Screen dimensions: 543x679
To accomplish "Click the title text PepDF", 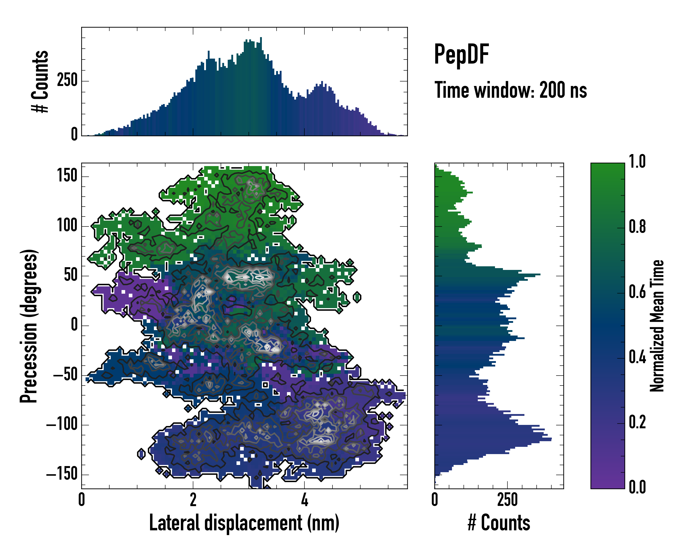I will tap(461, 55).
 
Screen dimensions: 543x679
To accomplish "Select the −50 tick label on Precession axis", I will tap(65, 375).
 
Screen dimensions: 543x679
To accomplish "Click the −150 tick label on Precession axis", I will tap(62, 474).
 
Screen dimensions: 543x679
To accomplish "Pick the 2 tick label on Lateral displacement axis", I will tap(193, 500).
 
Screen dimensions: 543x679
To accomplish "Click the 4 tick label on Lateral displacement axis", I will tap(304, 500).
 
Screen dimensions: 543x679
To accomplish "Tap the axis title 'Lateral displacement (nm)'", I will tap(244, 523).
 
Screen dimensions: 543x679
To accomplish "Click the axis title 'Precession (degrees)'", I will tap(29, 326).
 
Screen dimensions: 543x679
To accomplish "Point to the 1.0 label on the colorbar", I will tap(637, 162).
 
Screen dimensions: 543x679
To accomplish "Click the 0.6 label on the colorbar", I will tap(637, 292).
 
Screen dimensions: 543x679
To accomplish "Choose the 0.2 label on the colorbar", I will tap(637, 422).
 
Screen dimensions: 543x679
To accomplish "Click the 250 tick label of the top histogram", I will tap(67, 81).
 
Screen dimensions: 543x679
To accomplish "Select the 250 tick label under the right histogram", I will tap(507, 500).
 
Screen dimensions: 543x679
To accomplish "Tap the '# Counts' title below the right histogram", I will tap(499, 523).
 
